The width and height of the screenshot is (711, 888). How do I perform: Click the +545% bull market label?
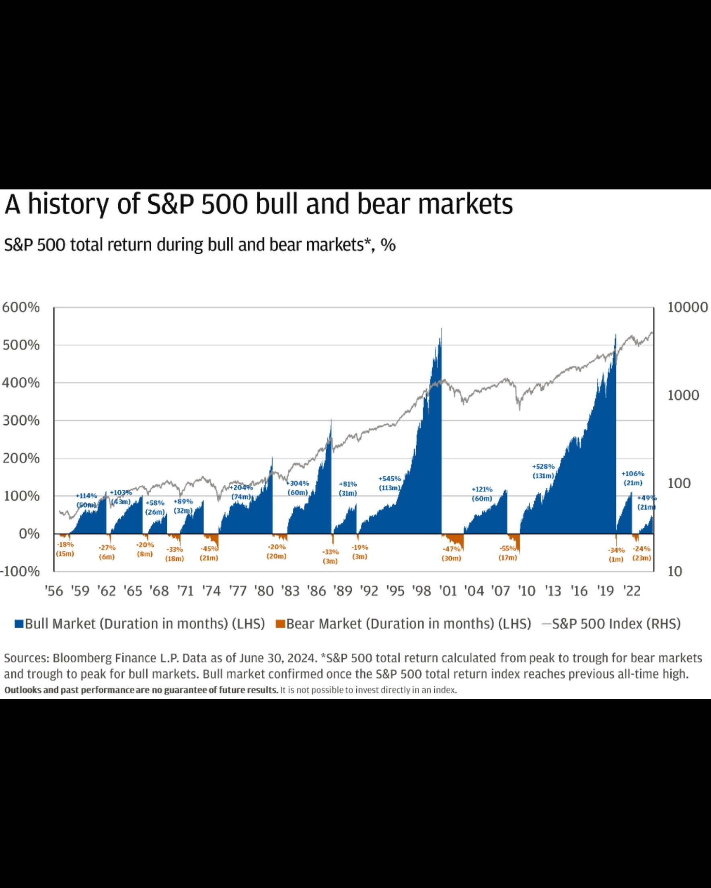389,479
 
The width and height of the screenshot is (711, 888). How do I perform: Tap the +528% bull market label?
543,467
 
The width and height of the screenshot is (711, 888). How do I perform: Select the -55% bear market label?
508,549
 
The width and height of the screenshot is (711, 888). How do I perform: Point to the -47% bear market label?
451,549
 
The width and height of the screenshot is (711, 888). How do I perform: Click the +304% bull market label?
298,483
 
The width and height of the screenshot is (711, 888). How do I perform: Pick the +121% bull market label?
482,489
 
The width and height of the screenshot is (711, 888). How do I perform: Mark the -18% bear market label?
65,545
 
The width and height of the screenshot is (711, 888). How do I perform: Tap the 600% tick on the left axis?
21,307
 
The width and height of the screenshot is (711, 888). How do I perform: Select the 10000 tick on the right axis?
688,307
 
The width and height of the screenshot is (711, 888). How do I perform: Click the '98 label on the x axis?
421,592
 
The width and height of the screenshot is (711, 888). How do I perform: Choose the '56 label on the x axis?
54,592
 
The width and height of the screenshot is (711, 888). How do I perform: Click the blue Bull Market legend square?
18,624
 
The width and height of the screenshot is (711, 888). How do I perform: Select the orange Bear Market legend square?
280,624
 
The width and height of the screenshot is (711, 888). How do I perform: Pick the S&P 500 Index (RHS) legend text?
616,624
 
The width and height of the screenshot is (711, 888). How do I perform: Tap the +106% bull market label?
633,474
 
